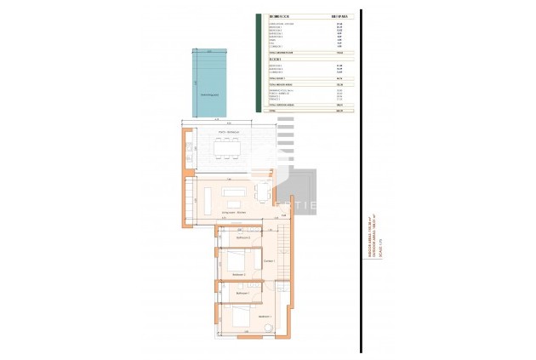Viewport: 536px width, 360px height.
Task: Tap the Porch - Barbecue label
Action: [228, 133]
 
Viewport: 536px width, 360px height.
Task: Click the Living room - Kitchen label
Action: [235, 211]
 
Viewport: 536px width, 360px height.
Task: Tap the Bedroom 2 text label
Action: [238, 275]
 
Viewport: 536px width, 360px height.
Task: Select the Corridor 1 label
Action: [268, 260]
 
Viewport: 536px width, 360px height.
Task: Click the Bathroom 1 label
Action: [241, 292]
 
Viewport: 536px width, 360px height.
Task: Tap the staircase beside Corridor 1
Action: [283, 255]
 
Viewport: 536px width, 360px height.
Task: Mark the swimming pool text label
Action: [209, 96]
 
